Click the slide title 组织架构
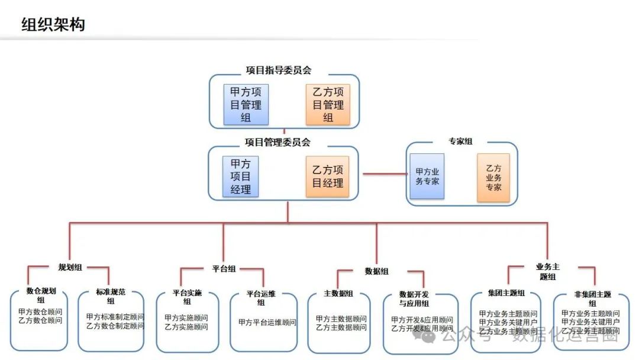(53, 24)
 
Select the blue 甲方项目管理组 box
(246, 105)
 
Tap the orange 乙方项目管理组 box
(328, 105)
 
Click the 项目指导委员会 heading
(279, 70)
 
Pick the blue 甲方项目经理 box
(241, 176)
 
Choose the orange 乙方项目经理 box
(328, 176)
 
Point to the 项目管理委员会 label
(277, 143)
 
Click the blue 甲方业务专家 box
(427, 176)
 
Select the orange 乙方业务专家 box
(493, 178)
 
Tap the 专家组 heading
(461, 142)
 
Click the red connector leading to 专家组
(385, 173)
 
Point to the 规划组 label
(69, 268)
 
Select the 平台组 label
(224, 269)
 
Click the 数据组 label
(377, 271)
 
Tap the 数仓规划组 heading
(41, 295)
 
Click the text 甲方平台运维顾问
(267, 323)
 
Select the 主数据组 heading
(338, 294)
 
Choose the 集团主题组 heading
(506, 294)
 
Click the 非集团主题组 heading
(592, 298)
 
